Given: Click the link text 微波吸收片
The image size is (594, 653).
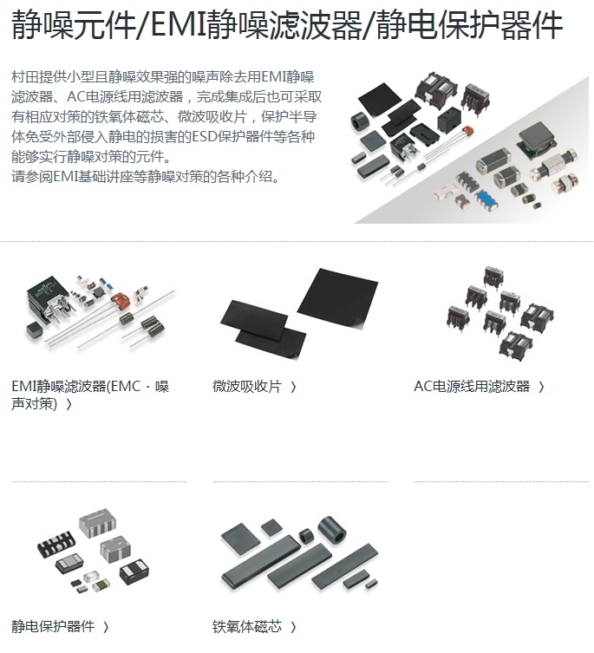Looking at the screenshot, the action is click(x=247, y=387).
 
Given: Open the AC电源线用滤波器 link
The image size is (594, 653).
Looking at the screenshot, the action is click(x=472, y=387).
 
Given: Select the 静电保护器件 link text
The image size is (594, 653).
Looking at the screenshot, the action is click(x=53, y=626).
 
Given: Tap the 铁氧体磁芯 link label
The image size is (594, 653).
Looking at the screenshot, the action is click(x=247, y=626).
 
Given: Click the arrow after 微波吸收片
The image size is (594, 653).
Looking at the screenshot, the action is click(x=293, y=388).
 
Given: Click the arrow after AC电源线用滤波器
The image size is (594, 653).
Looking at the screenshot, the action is click(x=541, y=388).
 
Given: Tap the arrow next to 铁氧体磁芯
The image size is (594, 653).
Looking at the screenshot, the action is click(x=293, y=627).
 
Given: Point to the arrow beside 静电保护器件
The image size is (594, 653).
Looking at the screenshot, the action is click(x=106, y=627).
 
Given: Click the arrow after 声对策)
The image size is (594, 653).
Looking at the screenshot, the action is click(x=69, y=404).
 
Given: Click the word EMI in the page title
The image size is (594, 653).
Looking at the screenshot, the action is click(x=178, y=24).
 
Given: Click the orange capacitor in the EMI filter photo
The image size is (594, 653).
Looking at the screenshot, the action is click(x=121, y=301).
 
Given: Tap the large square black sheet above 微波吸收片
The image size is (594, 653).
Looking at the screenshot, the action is click(x=338, y=298).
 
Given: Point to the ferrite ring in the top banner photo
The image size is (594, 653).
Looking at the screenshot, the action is click(x=361, y=121).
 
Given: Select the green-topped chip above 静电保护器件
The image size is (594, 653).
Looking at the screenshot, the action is click(x=101, y=584).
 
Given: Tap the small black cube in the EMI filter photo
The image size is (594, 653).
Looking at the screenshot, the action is click(x=35, y=330).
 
